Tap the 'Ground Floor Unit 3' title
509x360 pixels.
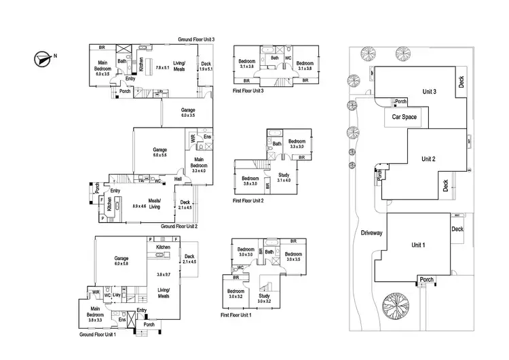tap(196, 40)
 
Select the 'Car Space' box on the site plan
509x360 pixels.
tap(403, 116)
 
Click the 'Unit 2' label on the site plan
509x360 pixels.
tap(428, 159)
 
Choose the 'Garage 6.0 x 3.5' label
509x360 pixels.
tap(188, 112)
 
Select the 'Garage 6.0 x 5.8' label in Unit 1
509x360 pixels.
tap(122, 262)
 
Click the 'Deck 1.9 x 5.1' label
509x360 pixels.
tap(206, 66)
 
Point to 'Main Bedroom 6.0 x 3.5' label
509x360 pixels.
tap(103, 67)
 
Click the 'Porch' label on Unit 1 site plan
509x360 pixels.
tap(427, 279)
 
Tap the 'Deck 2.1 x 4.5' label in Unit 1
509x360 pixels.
tap(189, 259)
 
